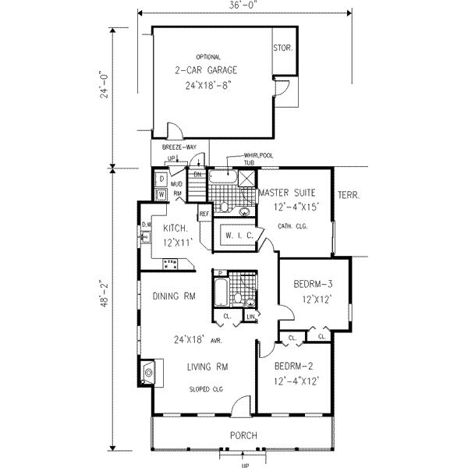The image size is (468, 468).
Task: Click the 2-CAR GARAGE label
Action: pos(207,69)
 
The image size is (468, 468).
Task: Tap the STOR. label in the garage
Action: pos(282,48)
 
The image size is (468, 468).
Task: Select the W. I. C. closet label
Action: pos(236,235)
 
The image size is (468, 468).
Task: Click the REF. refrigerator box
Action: pos(204,213)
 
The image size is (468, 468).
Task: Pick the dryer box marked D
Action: pos(160,179)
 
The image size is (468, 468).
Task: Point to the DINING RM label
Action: pos(174,296)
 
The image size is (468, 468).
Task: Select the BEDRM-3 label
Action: pos(312,284)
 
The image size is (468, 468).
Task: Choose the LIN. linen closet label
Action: pos(250,315)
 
